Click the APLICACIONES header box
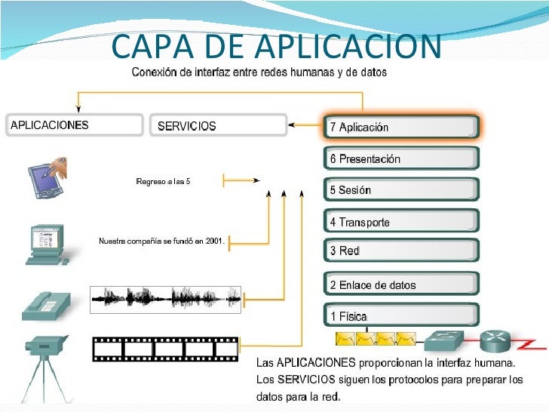click(x=74, y=125)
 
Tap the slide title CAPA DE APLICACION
click(x=275, y=47)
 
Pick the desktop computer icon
click(x=47, y=244)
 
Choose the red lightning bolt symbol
click(x=530, y=344)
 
